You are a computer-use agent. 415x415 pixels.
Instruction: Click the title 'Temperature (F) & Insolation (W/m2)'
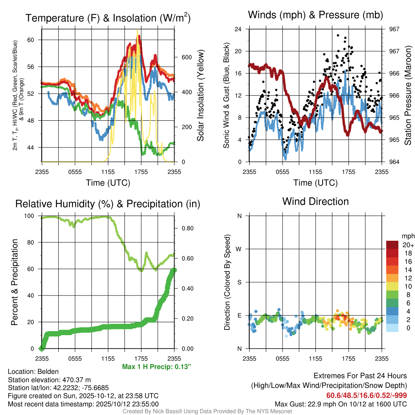click(108, 18)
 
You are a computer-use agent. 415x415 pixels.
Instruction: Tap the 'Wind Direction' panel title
click(315, 201)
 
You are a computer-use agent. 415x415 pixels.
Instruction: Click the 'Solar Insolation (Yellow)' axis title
click(200, 96)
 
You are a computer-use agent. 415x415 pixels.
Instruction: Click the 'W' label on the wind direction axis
click(239, 249)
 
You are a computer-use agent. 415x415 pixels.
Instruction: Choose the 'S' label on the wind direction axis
click(239, 282)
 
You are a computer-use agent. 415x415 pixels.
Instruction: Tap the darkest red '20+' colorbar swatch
click(393, 245)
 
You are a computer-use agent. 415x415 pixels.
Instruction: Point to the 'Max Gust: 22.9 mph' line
click(340, 404)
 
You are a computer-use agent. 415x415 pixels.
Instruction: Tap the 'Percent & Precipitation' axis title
click(15, 282)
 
